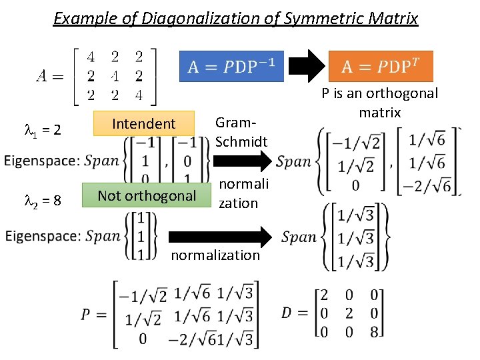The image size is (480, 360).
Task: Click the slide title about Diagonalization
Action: click(x=235, y=18)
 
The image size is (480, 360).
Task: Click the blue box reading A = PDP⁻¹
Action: click(x=232, y=67)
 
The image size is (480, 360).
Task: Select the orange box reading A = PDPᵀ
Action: click(x=381, y=67)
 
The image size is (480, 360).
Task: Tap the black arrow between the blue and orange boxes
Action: click(x=306, y=67)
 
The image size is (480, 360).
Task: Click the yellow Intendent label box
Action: click(x=144, y=123)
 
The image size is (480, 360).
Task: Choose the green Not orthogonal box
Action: click(x=146, y=195)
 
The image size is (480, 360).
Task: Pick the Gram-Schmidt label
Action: click(x=241, y=131)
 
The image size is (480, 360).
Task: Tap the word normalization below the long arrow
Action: click(x=215, y=255)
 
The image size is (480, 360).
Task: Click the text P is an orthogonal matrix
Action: click(x=379, y=102)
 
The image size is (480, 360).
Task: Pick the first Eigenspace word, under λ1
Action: click(x=42, y=161)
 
